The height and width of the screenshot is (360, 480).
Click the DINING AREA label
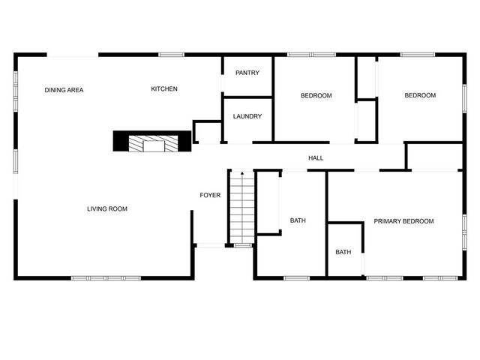[64, 90]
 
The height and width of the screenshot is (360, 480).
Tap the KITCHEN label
[164, 89]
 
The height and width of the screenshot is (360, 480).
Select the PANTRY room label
[247, 73]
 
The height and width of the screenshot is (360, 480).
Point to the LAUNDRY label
[247, 116]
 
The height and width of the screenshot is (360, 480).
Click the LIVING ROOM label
[107, 208]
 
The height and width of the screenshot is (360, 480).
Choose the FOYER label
[210, 195]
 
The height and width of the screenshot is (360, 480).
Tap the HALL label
[316, 158]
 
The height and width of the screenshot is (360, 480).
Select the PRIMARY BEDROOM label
[403, 221]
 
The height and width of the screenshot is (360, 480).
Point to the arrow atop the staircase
[241, 174]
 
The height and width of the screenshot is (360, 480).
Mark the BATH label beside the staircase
[298, 220]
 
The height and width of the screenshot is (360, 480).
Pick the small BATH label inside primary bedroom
[343, 252]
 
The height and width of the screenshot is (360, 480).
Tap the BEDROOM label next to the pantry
[316, 95]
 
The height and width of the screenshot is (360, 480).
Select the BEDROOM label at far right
[419, 95]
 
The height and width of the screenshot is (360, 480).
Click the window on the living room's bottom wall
[106, 278]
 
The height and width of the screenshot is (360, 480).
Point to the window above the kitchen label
[171, 54]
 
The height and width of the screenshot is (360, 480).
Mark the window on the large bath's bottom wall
[296, 278]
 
